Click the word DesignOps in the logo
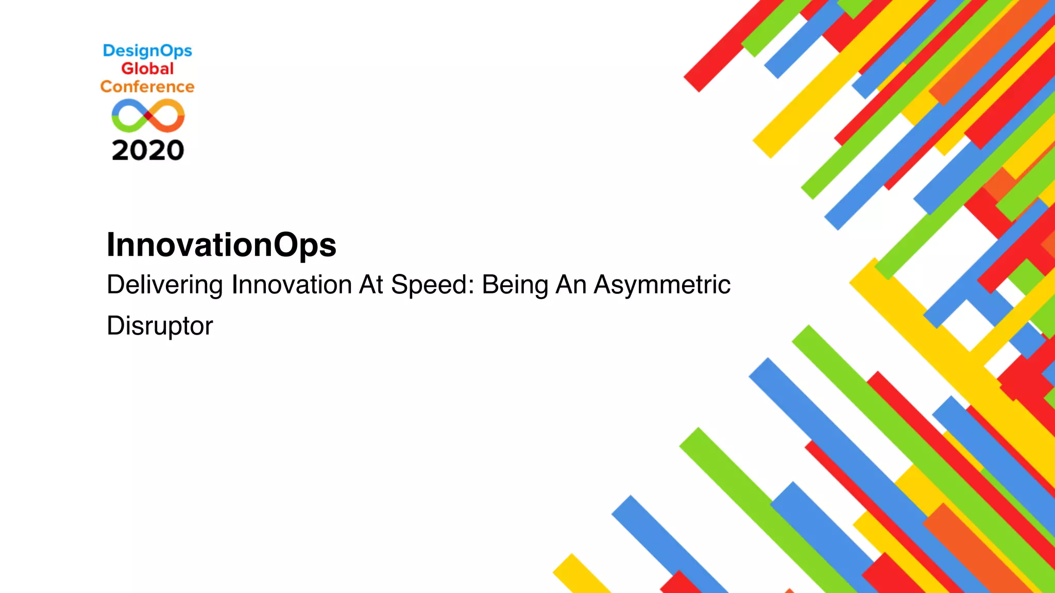pos(147,51)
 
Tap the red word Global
pos(147,68)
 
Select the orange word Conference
pos(147,86)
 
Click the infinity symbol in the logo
pos(148,116)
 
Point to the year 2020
pos(148,150)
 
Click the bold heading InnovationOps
pos(221,245)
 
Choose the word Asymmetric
pos(662,285)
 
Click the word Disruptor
pos(160,326)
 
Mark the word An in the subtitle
pos(571,285)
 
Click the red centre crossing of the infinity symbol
pos(148,116)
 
